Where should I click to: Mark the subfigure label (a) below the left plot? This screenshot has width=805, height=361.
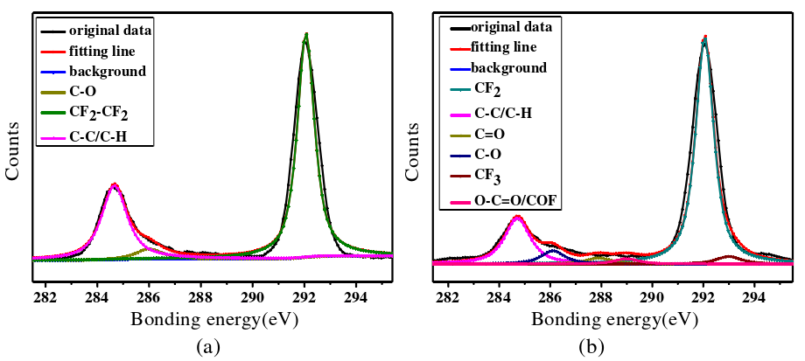point(206,347)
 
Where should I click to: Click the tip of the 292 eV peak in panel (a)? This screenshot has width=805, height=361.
point(305,35)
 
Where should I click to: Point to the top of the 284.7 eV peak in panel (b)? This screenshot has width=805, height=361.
point(517,216)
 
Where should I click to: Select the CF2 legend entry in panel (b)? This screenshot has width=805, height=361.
point(487,89)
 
